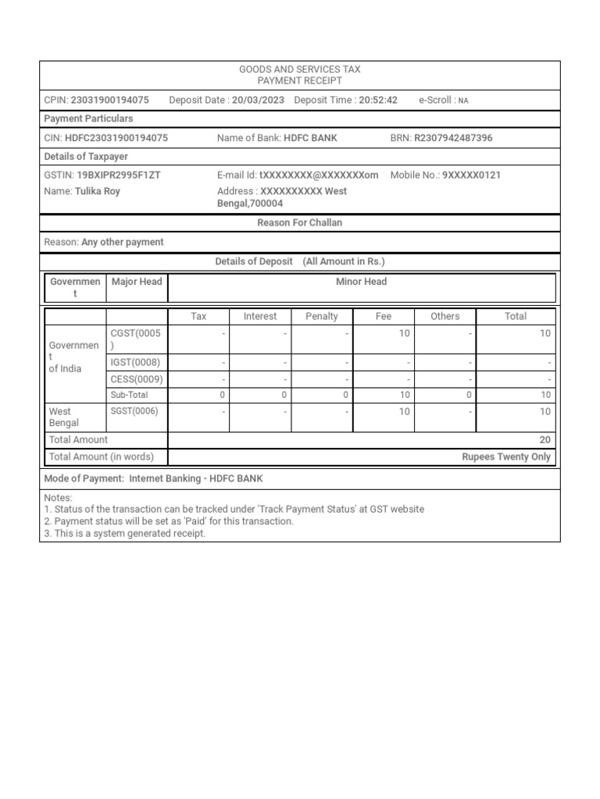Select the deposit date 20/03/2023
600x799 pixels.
click(258, 100)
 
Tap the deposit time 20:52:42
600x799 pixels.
click(378, 100)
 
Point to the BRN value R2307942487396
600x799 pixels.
click(453, 138)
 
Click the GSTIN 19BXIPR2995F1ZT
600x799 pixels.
click(118, 176)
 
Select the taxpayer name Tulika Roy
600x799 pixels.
click(97, 191)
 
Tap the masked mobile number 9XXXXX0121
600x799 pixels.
click(471, 176)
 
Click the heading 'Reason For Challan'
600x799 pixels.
click(300, 223)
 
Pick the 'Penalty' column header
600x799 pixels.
click(322, 316)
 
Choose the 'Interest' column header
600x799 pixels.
click(260, 316)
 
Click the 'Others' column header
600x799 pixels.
click(445, 316)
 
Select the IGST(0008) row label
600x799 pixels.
click(135, 363)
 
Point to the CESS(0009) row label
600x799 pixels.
click(137, 379)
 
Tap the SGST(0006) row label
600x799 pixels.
click(135, 411)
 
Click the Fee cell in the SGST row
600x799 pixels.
click(404, 411)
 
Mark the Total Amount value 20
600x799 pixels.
click(545, 440)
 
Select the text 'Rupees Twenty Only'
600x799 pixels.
click(506, 457)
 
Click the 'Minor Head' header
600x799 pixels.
click(362, 282)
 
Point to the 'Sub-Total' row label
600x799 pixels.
click(129, 396)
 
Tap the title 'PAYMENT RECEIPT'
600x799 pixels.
click(300, 81)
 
